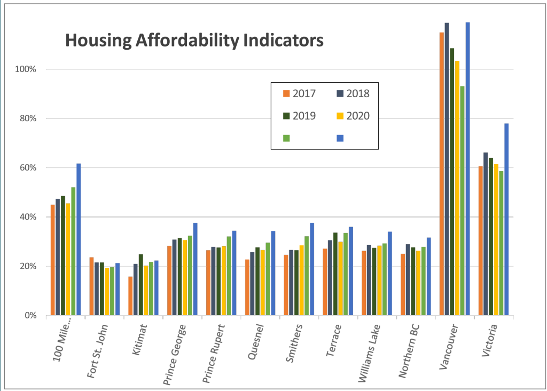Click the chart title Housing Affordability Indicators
[x=194, y=41]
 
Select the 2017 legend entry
[x=299, y=93]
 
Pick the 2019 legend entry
[x=299, y=116]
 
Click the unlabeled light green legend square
[x=286, y=138]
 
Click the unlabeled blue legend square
[x=340, y=138]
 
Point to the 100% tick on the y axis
[x=25, y=69]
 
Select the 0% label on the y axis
[x=29, y=316]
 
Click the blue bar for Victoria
[x=506, y=219]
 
